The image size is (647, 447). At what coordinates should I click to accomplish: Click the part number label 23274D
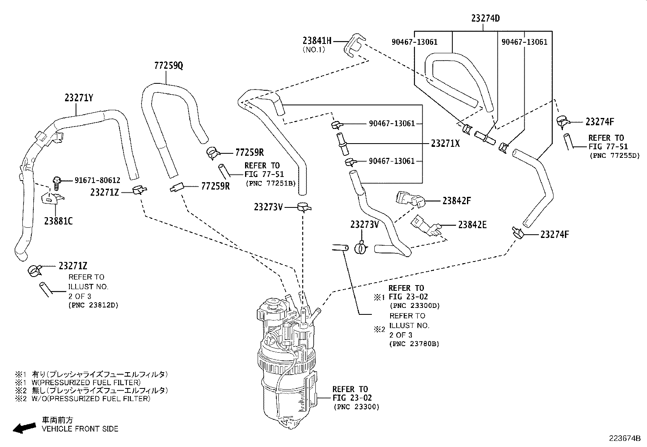click(485, 18)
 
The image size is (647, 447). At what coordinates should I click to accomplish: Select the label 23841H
click(317, 40)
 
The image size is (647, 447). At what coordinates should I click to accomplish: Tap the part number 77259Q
click(168, 65)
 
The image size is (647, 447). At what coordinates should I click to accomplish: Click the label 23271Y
click(78, 98)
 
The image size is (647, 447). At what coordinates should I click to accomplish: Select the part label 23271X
click(445, 143)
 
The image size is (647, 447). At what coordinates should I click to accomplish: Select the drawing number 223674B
click(624, 438)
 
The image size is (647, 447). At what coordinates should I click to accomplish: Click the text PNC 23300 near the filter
click(356, 407)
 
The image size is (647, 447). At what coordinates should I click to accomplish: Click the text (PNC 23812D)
click(93, 305)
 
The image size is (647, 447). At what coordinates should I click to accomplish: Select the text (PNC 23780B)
click(414, 344)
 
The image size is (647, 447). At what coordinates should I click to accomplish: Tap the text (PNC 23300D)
click(414, 306)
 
